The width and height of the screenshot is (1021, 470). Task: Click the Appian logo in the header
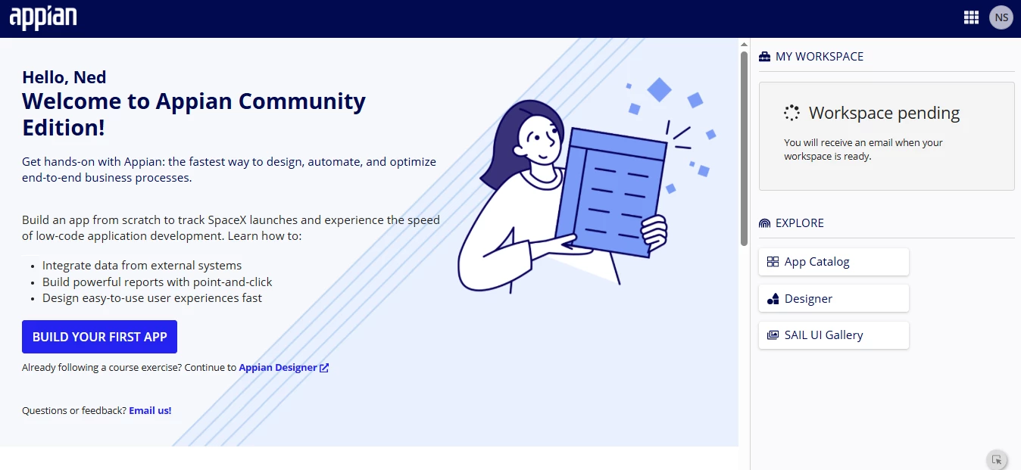[x=43, y=18]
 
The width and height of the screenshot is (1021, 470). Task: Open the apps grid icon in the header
[x=971, y=17]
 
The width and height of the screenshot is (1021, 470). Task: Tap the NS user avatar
[x=1001, y=17]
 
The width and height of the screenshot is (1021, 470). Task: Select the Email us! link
[x=150, y=410]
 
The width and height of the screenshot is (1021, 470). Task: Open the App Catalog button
[x=834, y=262]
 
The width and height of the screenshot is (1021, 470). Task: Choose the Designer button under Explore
[x=834, y=298]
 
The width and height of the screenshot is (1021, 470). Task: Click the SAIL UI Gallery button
[x=834, y=335]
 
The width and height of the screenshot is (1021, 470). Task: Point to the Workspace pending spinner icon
[x=792, y=113]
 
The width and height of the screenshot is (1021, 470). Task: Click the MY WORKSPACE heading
[x=819, y=57]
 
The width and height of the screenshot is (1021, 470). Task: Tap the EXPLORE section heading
[x=800, y=223]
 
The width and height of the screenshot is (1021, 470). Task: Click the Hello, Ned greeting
[x=64, y=77]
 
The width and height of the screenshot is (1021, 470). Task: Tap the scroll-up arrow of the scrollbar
[x=744, y=45]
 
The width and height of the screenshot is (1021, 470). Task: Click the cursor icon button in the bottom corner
[x=997, y=460]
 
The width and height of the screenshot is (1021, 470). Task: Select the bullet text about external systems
[x=142, y=266]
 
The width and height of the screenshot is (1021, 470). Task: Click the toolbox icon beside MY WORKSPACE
[x=764, y=57]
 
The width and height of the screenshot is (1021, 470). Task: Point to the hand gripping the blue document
[x=655, y=232]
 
